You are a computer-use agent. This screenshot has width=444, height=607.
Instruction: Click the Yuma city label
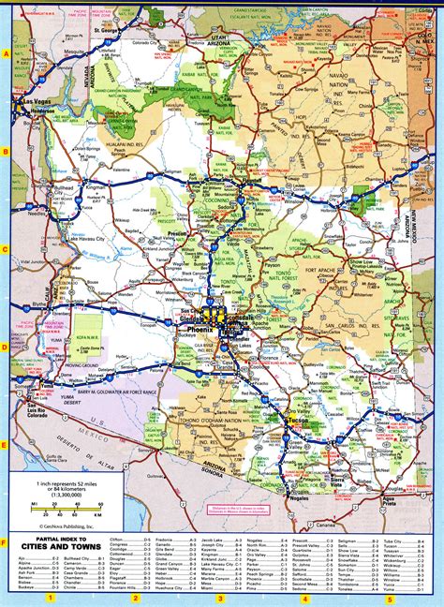[x=21, y=383]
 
